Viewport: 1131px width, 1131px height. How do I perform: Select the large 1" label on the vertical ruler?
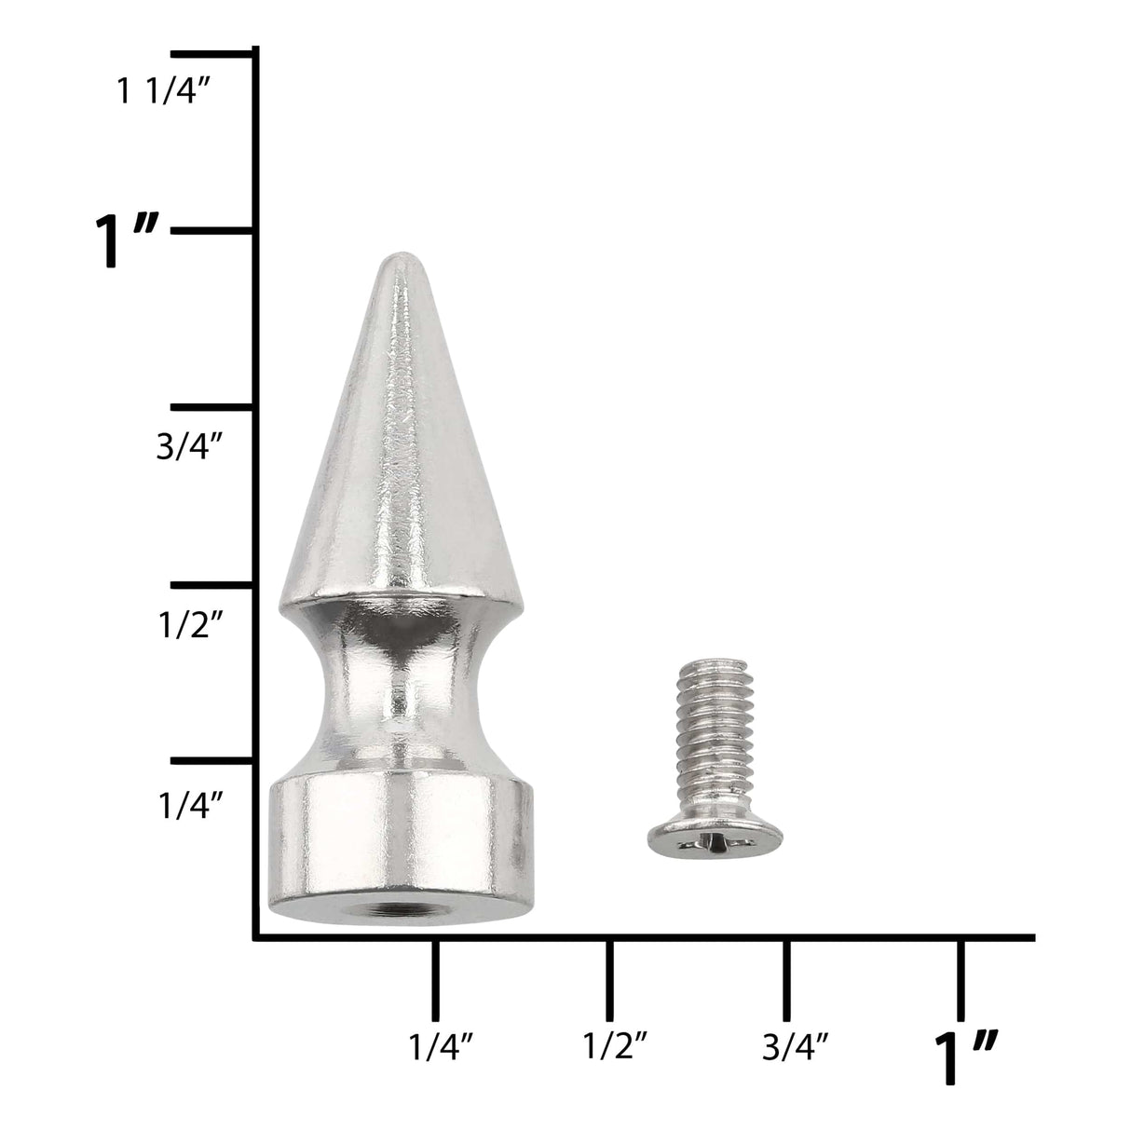point(131,241)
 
